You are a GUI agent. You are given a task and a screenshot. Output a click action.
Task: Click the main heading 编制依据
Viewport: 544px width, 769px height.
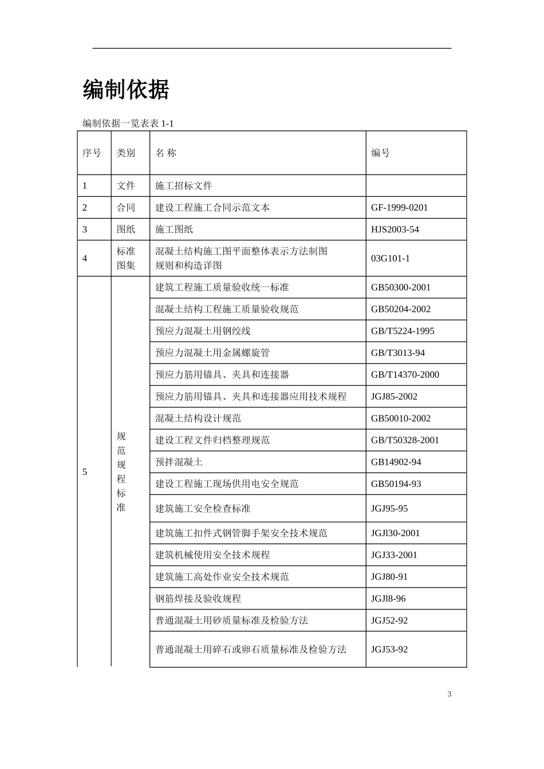click(126, 90)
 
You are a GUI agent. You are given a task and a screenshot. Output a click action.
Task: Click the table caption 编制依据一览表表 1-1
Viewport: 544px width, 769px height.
click(128, 123)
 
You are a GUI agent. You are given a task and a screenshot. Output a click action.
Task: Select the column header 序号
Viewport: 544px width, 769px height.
click(92, 153)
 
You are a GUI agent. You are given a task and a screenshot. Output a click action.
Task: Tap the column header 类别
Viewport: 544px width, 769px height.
click(126, 153)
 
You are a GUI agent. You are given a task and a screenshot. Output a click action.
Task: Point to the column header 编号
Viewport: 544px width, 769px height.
click(380, 153)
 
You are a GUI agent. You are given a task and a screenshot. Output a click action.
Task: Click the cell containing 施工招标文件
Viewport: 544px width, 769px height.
click(184, 186)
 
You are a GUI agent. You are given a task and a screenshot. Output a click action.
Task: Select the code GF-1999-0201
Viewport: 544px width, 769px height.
click(399, 208)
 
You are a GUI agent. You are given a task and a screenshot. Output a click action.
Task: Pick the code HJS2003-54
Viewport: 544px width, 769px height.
click(395, 229)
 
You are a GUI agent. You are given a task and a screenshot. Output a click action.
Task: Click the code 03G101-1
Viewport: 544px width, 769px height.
click(390, 258)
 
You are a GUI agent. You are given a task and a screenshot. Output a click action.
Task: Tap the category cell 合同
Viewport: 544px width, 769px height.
click(126, 208)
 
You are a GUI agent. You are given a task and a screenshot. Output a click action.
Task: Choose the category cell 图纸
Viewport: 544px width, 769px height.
click(126, 229)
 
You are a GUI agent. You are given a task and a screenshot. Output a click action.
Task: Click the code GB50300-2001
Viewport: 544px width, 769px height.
click(400, 287)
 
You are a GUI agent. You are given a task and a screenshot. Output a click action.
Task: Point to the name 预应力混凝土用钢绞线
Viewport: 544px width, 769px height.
click(203, 331)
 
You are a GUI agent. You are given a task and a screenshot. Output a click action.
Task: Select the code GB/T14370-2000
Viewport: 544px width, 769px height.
click(405, 375)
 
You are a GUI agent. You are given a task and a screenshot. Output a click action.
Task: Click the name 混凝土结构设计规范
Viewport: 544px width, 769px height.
click(198, 418)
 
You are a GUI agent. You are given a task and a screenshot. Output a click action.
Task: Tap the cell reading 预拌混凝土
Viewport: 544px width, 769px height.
click(179, 462)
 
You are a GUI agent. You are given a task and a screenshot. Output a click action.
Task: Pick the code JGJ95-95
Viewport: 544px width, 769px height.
click(389, 509)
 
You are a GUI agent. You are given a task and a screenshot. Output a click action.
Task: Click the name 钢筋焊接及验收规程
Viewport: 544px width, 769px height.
click(198, 598)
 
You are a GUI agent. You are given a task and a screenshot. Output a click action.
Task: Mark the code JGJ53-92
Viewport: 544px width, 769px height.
click(389, 649)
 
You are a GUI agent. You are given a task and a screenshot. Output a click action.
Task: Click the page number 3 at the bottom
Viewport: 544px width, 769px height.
click(450, 694)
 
